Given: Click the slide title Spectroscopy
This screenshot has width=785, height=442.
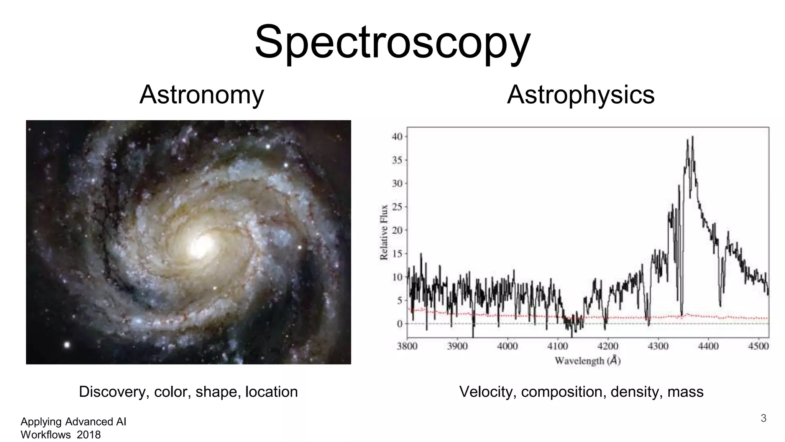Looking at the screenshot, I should (x=392, y=42).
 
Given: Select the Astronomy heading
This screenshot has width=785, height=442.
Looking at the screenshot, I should (x=202, y=95).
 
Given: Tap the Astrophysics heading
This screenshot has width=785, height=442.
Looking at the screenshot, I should (x=580, y=95).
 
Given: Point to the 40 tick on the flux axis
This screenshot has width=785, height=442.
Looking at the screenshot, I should (x=397, y=137).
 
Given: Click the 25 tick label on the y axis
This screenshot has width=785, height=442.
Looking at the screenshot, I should (x=397, y=207).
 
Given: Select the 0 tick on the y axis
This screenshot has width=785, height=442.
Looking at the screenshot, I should (x=400, y=324).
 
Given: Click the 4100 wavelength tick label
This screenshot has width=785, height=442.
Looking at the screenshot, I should (x=557, y=346).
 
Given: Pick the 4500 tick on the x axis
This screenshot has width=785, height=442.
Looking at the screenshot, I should (x=758, y=346).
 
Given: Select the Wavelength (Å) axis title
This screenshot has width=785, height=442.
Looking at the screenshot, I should (x=587, y=361).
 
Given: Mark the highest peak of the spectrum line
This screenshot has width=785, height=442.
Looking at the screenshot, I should (x=692, y=137).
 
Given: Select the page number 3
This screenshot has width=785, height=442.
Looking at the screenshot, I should (x=763, y=418).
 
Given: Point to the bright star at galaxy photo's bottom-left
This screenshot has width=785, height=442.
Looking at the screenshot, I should (x=67, y=345).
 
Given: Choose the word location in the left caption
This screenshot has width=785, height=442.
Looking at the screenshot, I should (x=271, y=392).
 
